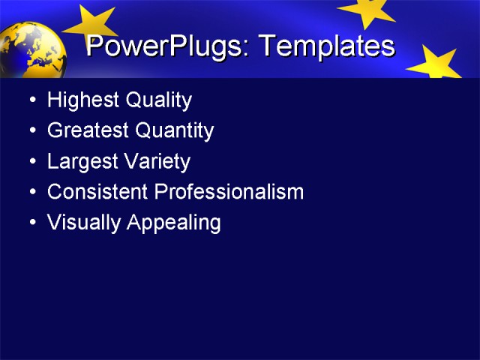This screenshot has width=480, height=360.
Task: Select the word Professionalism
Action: (229, 192)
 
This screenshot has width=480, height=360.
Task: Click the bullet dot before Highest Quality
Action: (31, 100)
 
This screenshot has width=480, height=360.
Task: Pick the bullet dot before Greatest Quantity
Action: (31, 131)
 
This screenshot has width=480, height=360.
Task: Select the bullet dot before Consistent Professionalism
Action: (31, 192)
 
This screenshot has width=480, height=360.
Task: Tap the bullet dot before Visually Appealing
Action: (31, 223)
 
